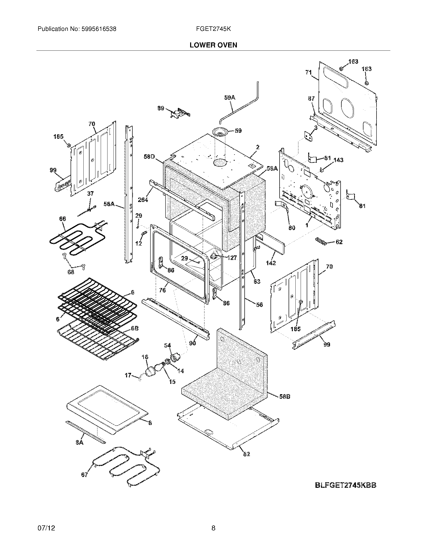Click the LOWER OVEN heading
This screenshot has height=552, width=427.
coord(213,45)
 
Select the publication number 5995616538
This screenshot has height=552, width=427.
coord(99,29)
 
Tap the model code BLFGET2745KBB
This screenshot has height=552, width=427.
coord(346,486)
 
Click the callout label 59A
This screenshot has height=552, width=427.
coord(230,97)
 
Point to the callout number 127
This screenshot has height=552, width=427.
coord(232,258)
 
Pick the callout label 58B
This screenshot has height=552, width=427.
coord(285,396)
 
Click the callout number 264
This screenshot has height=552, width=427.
coord(143,200)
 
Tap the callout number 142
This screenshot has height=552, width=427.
coord(271,263)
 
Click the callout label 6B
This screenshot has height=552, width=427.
coord(134,329)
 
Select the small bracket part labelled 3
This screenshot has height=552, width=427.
coord(308,137)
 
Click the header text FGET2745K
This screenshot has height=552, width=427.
coord(213,29)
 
